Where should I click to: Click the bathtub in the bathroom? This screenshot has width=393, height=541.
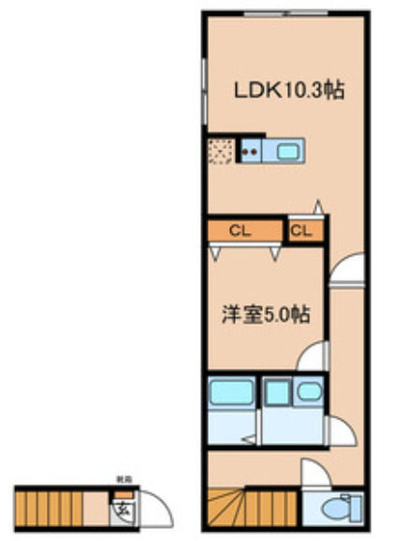(230, 394)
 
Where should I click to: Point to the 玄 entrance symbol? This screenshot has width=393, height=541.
(122, 510)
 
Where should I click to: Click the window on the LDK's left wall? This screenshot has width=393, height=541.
(203, 89)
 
